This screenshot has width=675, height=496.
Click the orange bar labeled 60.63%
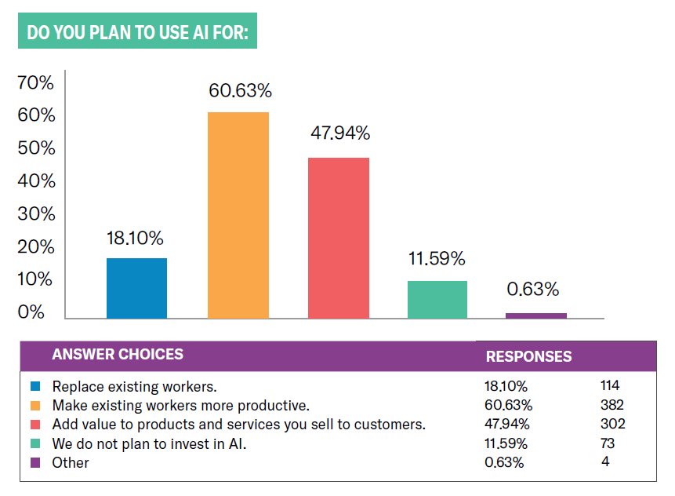pos(238,215)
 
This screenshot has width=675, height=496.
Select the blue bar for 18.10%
pos(136,288)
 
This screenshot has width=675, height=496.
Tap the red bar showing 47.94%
pos(339,238)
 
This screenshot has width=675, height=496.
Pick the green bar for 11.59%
pos(438,299)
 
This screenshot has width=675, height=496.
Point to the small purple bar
pos(536,315)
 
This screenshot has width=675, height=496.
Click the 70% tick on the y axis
pos(37,83)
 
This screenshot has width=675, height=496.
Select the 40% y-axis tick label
pos(37,181)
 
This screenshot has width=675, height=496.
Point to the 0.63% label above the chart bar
pos(533,290)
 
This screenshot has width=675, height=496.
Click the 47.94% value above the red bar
pos(339,133)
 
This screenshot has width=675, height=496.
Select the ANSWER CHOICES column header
pos(118,355)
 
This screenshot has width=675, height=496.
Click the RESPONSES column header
pos(528,356)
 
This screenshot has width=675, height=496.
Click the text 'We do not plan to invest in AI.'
pos(148,443)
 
